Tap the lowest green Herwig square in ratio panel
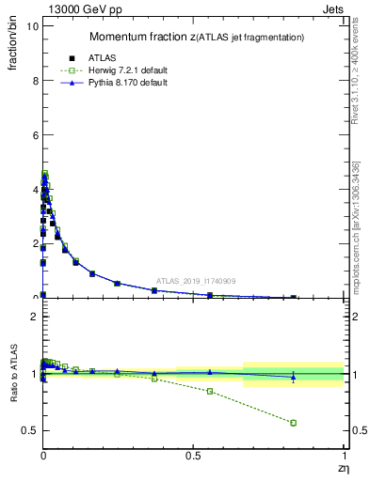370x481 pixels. click(294, 423)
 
